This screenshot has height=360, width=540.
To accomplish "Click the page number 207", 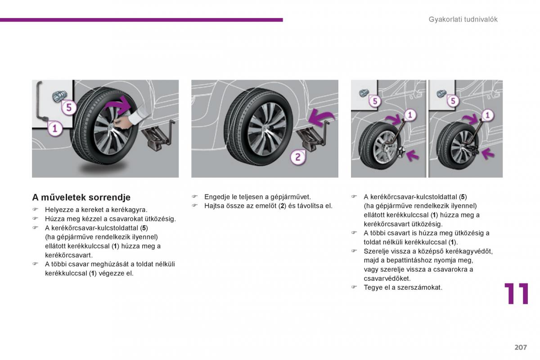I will pos(520,347).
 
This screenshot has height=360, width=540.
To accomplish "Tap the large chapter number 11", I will pos(516,294).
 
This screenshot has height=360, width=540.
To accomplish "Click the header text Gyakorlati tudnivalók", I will pos(463,19).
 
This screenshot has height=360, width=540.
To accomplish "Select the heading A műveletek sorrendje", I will pos(81,197).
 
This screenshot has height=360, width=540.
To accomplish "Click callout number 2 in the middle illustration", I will pos(297,157).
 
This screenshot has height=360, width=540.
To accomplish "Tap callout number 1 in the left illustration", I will pos(54,129).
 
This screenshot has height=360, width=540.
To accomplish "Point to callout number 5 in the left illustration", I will pos(68,108).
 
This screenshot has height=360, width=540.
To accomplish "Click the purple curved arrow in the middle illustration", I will pos(321,119).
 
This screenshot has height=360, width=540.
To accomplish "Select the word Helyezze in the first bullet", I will pos(58,210).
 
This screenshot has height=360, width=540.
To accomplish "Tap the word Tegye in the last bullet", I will pos(372,287).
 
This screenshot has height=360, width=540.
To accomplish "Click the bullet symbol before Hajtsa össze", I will pos(195,206).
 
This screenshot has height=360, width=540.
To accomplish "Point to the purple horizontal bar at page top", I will pos(141,20).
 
